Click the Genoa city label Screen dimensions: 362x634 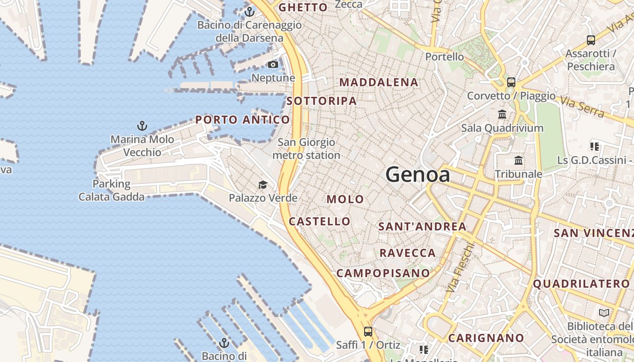point(418,175)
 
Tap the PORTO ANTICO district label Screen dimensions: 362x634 point(242,120)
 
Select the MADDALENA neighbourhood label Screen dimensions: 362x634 point(379,82)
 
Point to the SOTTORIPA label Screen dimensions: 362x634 point(322,101)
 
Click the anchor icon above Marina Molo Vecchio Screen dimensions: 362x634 point(142,126)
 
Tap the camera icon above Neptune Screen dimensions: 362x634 point(273,65)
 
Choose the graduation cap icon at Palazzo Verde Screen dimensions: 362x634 point(263,185)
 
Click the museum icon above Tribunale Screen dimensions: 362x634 point(519,161)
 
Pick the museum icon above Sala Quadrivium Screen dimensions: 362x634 point(502,114)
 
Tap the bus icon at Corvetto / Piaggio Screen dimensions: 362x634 point(511,82)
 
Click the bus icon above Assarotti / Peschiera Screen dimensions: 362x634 point(591,40)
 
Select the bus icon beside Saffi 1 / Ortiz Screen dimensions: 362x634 point(368,332)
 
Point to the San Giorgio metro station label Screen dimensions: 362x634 point(307,149)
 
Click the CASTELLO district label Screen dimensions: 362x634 point(320,221)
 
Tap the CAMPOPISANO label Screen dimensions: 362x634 point(383,273)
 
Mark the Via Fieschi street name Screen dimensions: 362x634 point(460,267)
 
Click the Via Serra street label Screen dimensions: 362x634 point(582,106)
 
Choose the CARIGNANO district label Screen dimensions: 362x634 point(486,338)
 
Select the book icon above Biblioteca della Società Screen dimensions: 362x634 point(604,313)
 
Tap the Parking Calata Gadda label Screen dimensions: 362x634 point(111,190)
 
